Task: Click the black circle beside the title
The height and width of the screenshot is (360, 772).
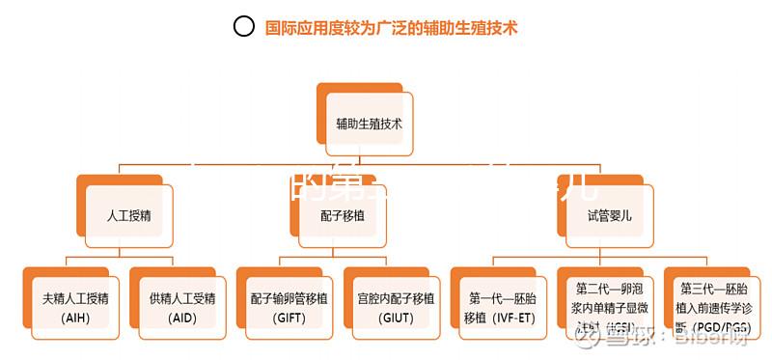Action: (244, 27)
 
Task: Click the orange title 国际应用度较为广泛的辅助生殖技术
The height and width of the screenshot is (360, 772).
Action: (391, 27)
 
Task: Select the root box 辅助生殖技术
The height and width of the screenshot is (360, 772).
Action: (370, 125)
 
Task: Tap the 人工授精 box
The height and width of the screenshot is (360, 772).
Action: (128, 214)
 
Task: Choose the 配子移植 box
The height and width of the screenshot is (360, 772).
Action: (343, 214)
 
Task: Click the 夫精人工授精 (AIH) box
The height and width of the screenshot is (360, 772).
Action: (75, 305)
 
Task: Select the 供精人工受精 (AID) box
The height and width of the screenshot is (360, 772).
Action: (181, 305)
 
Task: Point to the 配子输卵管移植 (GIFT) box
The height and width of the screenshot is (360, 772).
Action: (289, 305)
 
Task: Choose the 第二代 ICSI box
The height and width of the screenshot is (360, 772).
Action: (609, 305)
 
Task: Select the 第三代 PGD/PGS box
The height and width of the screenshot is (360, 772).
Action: (715, 305)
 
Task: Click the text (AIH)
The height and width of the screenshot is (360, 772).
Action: (74, 318)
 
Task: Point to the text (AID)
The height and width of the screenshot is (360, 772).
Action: (181, 318)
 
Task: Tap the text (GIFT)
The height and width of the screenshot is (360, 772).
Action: (289, 318)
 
